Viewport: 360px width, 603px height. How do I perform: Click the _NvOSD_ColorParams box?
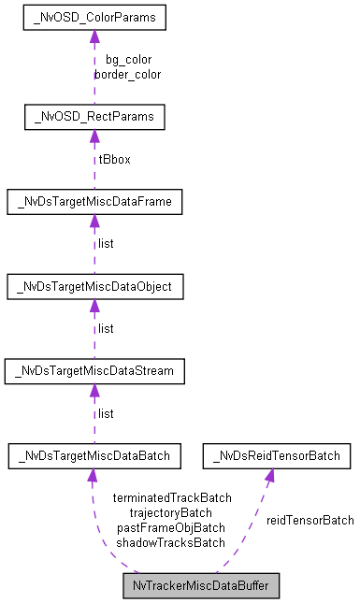pos(94,18)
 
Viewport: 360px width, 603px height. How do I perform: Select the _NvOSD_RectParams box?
pos(94,117)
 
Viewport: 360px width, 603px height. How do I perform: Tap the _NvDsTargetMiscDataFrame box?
pos(94,201)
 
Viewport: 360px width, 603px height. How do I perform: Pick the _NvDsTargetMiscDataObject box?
pos(94,286)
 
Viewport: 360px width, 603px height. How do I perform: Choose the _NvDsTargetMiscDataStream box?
pos(94,371)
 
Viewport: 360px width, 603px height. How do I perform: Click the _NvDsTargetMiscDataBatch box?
pos(94,456)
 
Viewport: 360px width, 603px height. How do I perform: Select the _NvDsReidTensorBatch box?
pos(277,456)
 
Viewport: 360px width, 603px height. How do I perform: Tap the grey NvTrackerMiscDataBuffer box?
pos(201,587)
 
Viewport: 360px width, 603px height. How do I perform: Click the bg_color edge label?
pos(128,60)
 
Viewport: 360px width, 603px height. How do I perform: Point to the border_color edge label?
pos(128,74)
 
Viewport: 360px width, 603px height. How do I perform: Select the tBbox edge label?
pos(114,159)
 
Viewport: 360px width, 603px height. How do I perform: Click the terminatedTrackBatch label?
pos(171,497)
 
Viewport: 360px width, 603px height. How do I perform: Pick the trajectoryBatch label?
pos(171,512)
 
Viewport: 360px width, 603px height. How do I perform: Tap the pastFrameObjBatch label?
pos(171,527)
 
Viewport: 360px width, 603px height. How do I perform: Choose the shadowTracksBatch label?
pos(171,542)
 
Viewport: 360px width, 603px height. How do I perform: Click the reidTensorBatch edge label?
pos(310,520)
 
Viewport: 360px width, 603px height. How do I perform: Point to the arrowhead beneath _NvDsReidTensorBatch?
pos(268,477)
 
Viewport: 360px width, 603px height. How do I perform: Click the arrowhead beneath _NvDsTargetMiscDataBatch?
pos(92,477)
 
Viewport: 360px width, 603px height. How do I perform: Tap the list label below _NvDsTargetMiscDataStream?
pos(106,413)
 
